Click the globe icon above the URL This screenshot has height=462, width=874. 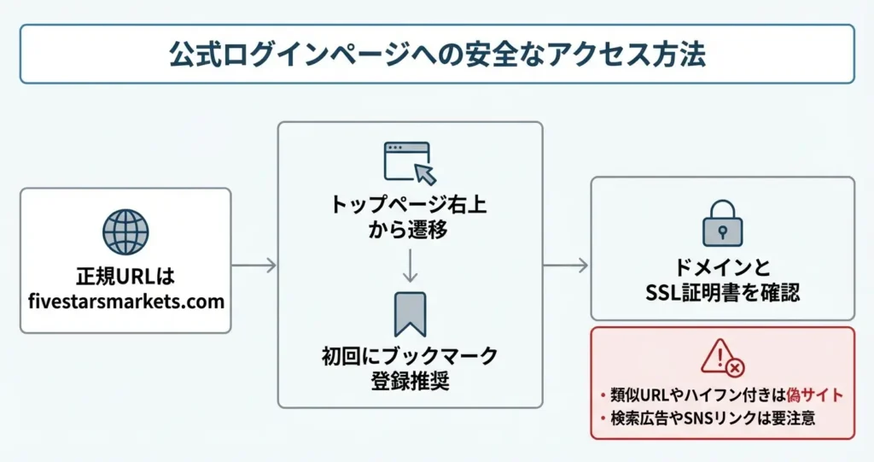(x=125, y=231)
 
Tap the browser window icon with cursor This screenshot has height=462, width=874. (x=409, y=162)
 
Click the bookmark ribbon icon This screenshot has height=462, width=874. (x=409, y=313)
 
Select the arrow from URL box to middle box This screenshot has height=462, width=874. (x=254, y=266)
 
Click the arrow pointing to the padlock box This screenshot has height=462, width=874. (x=567, y=266)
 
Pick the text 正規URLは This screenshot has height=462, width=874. (x=125, y=278)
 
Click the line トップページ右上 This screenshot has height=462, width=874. (x=410, y=206)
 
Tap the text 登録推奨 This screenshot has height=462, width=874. (x=410, y=380)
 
